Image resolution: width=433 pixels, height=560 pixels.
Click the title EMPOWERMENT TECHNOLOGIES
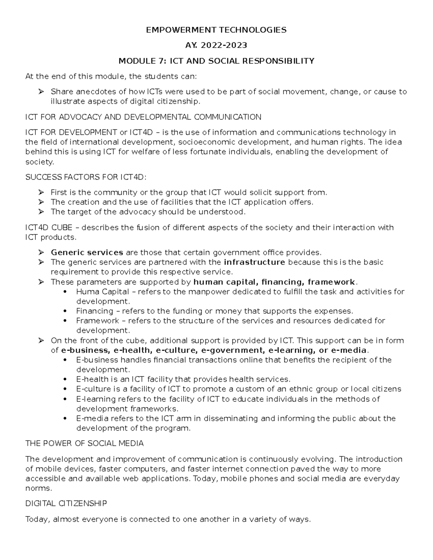tap(216, 30)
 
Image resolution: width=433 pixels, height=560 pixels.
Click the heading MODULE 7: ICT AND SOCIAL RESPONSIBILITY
tap(216, 61)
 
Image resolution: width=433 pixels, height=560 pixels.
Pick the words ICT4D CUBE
tap(49, 228)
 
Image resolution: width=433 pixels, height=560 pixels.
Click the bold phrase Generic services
tap(87, 252)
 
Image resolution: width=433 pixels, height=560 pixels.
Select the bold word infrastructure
tap(254, 262)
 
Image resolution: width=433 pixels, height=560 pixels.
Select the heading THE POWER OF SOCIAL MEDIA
tap(84, 444)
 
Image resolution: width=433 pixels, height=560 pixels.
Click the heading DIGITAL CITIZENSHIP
tap(66, 503)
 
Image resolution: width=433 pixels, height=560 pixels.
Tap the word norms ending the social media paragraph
tap(38, 489)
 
